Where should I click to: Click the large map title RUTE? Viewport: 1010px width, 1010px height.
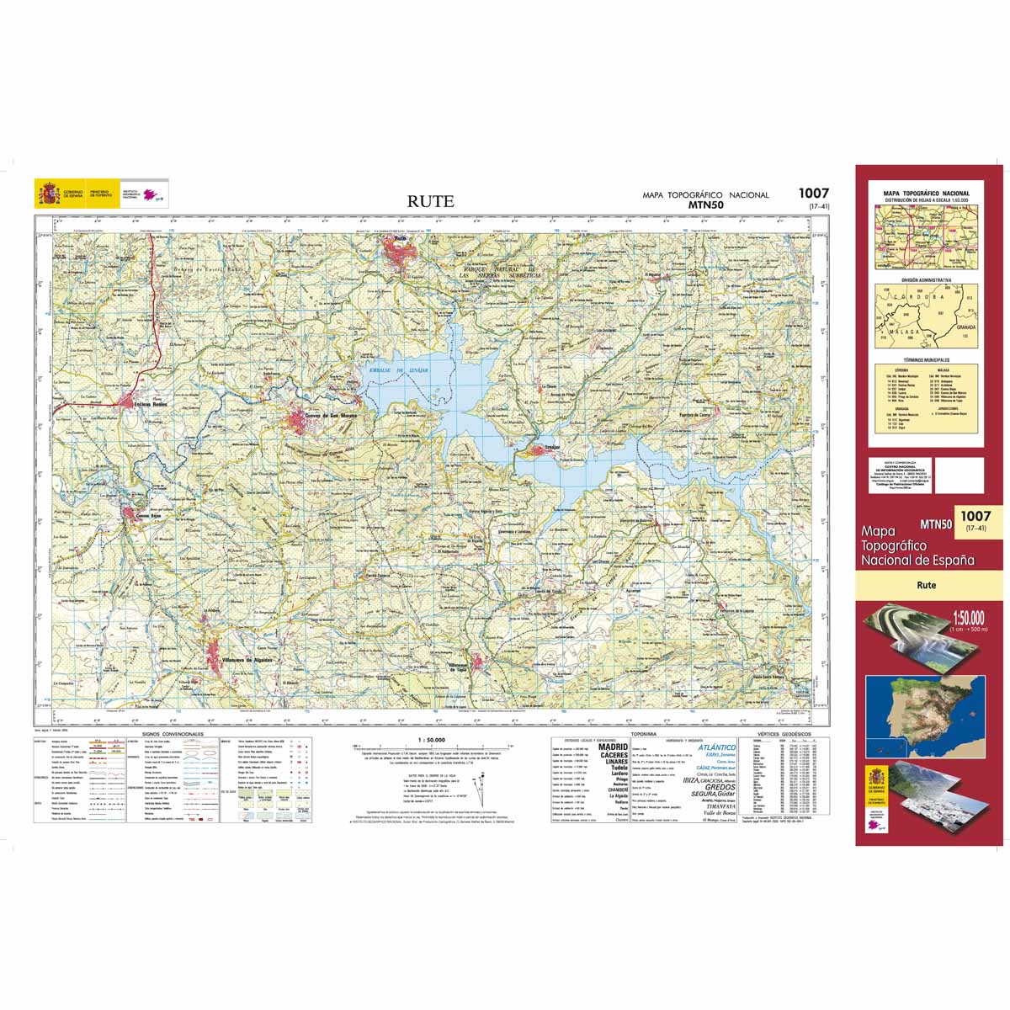431,201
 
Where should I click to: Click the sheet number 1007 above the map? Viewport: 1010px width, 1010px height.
814,194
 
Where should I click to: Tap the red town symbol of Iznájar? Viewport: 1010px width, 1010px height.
539,452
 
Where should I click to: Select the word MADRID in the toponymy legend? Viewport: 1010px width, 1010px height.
613,747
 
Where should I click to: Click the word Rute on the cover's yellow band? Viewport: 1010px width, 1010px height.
927,585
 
